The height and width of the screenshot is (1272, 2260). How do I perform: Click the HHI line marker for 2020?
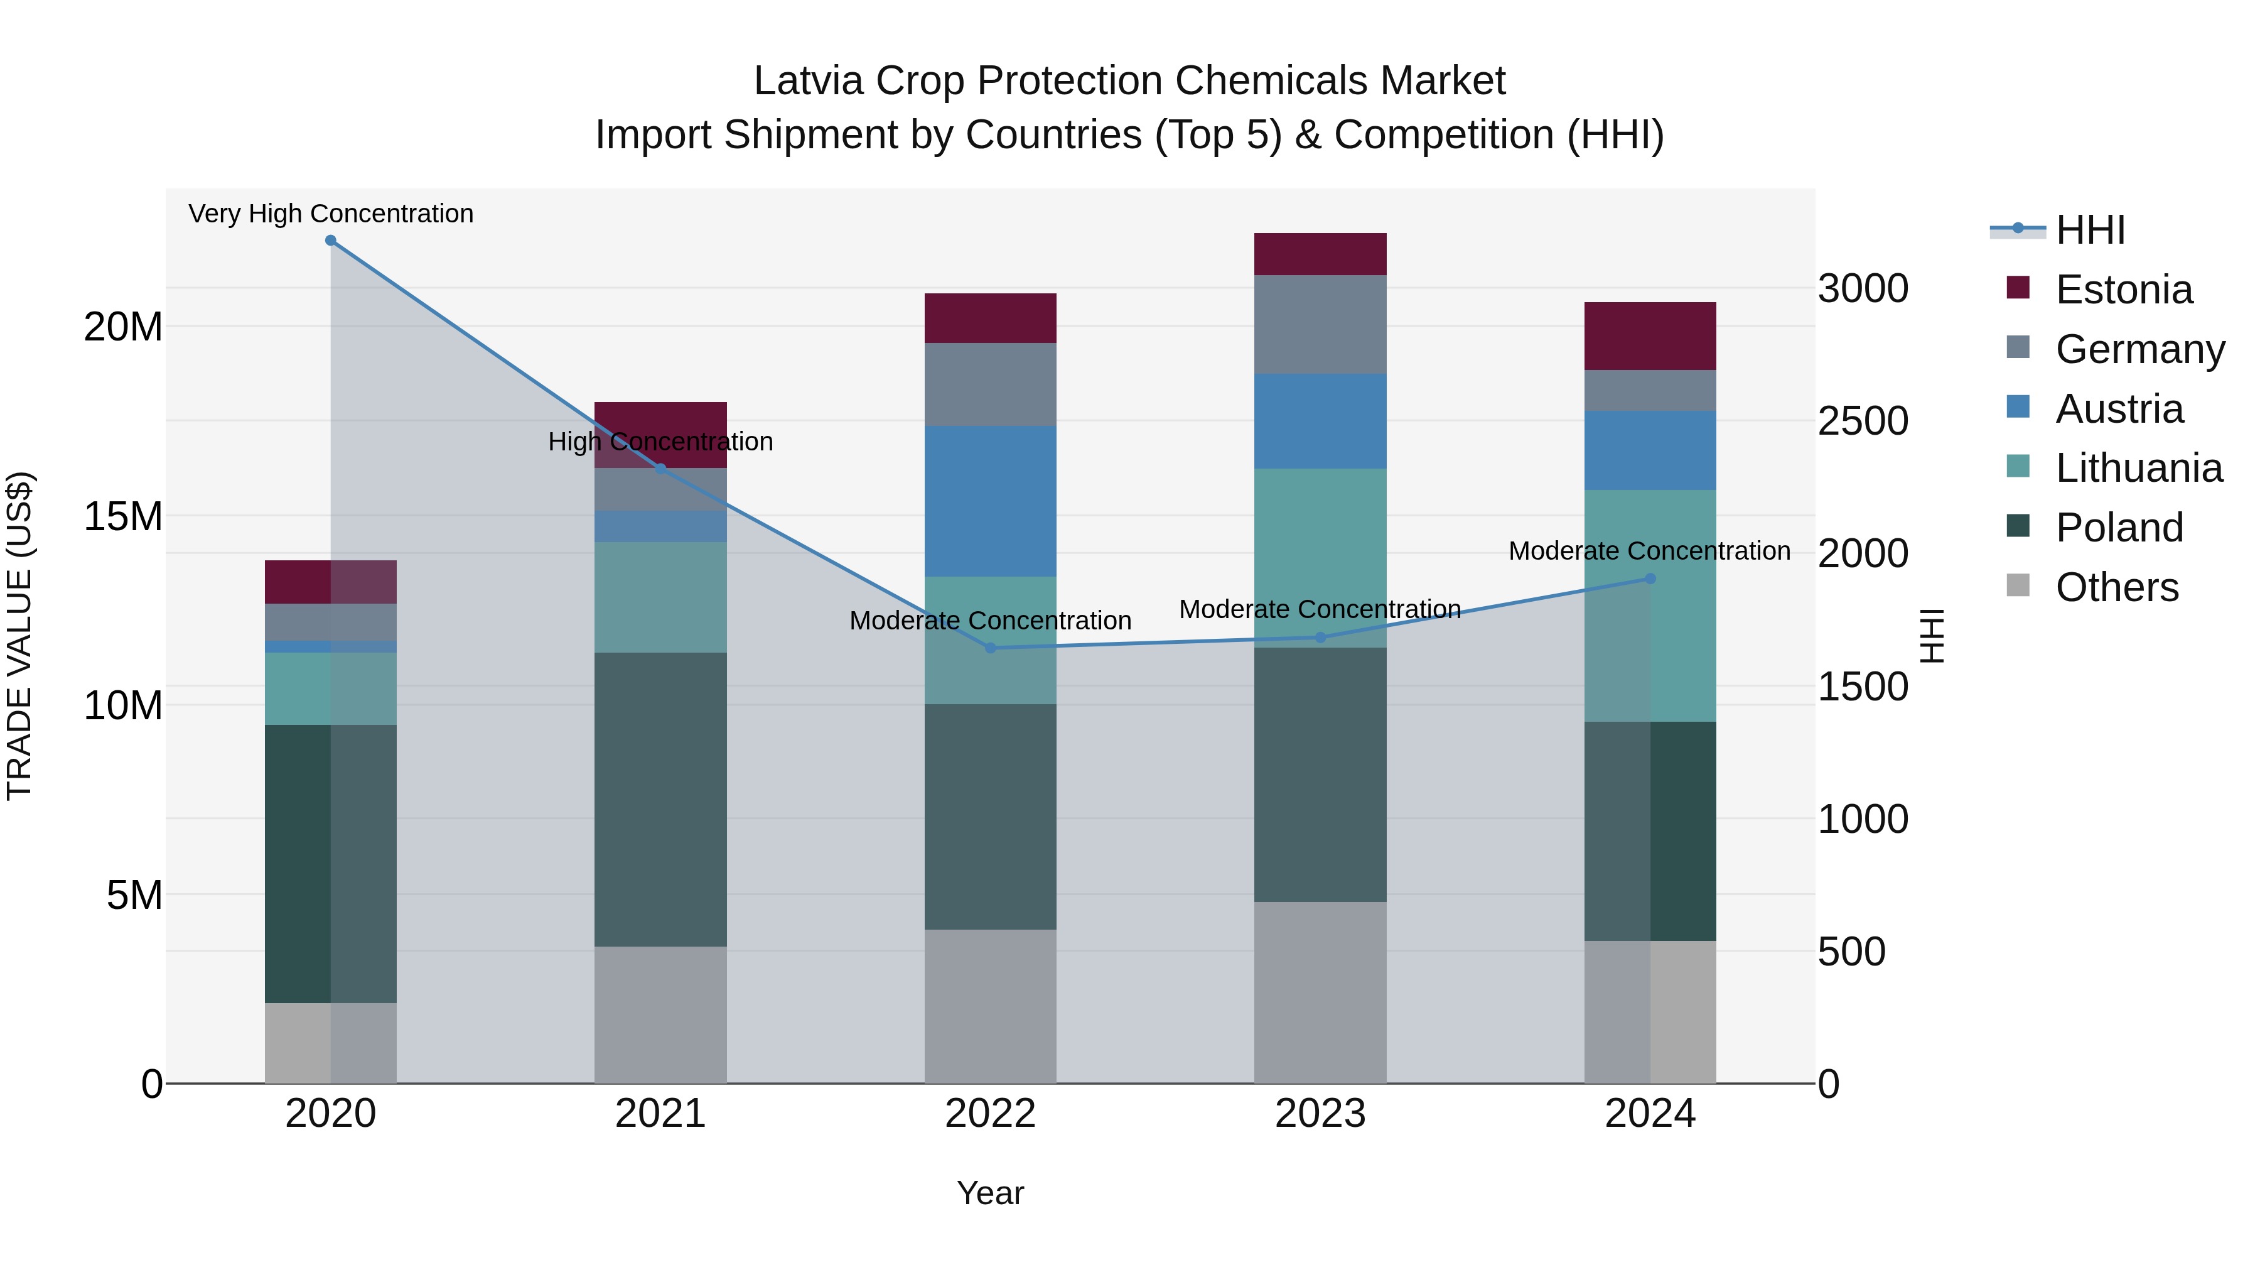click(x=331, y=241)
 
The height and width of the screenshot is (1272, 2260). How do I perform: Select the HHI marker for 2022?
click(x=991, y=648)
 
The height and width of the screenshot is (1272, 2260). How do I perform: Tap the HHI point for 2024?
click(x=1650, y=579)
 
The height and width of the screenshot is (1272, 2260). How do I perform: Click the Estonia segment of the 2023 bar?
click(x=1320, y=254)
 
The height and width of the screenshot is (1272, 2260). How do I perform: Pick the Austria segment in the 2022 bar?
click(x=991, y=501)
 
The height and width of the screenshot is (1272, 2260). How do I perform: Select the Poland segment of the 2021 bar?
click(x=660, y=799)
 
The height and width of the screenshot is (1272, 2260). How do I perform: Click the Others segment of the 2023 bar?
click(x=1320, y=992)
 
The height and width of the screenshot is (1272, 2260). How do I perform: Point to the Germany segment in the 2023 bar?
click(x=1320, y=325)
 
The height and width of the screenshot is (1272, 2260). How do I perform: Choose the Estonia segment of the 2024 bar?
click(x=1650, y=336)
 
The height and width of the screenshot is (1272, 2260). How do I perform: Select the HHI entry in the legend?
click(x=2090, y=230)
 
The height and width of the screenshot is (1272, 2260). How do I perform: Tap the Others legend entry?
click(x=2116, y=587)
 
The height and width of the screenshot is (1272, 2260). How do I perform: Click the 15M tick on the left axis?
click(x=123, y=516)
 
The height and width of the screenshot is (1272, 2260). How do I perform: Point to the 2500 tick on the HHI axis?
click(x=1863, y=421)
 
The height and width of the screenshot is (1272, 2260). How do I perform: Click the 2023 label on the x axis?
click(x=1320, y=1114)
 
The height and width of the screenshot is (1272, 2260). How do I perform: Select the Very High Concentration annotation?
click(x=331, y=214)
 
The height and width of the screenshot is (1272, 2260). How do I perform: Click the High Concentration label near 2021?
click(x=660, y=442)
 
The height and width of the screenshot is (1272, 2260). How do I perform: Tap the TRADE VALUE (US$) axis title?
click(x=19, y=636)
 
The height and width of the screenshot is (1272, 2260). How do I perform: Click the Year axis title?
click(x=991, y=1193)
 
